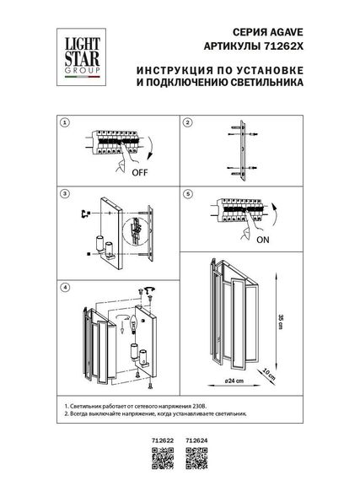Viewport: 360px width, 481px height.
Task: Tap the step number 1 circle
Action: pos(65,123)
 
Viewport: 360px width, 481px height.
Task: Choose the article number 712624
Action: pos(197,440)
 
